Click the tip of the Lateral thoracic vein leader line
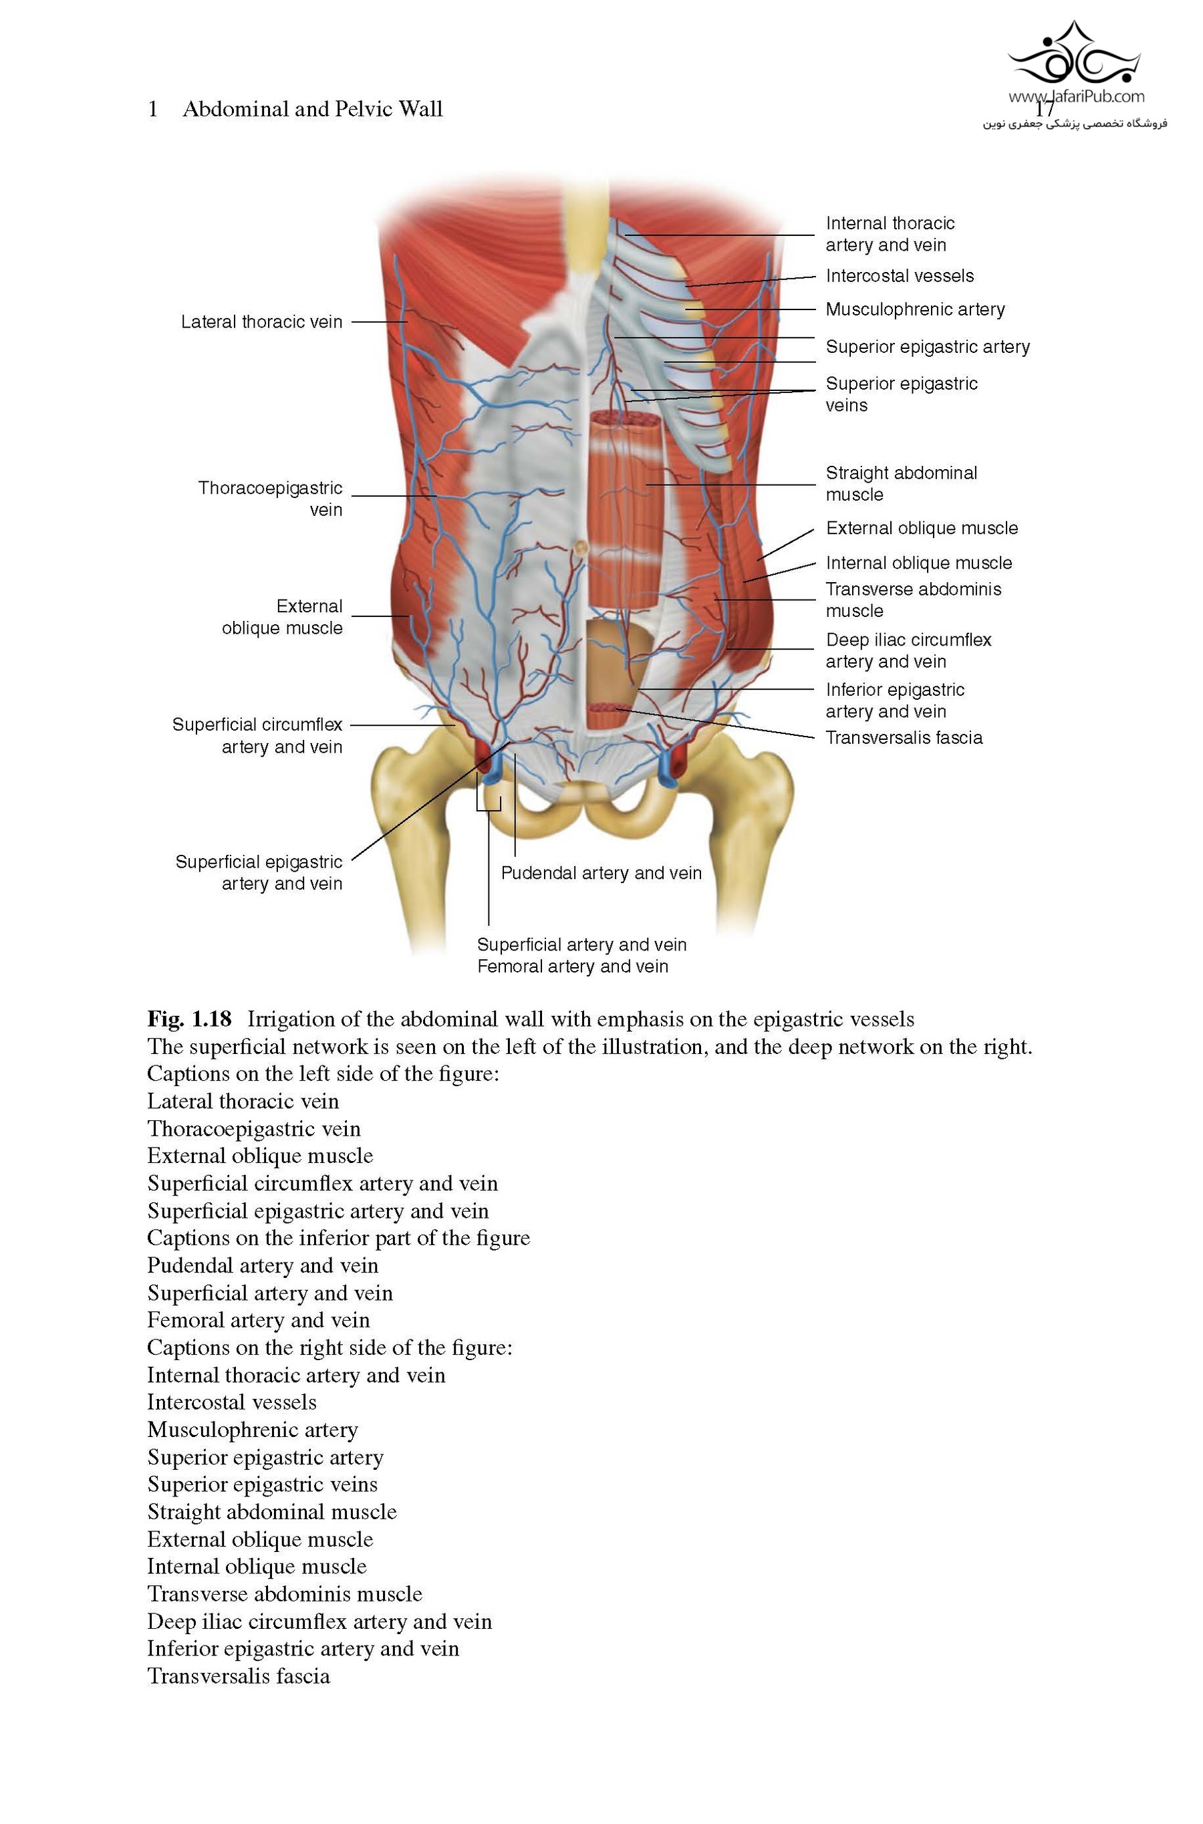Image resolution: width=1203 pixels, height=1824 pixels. pos(408,322)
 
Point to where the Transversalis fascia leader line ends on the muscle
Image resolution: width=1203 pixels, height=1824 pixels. pos(613,710)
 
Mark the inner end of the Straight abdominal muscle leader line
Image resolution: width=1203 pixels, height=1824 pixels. pos(646,485)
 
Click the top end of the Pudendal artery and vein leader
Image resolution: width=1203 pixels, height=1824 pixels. pos(515,753)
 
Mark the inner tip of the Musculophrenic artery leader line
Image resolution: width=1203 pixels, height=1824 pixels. pos(685,309)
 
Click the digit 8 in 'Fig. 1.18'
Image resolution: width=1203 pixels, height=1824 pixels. pos(224,1019)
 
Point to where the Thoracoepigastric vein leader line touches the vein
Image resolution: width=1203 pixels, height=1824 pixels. pos(437,496)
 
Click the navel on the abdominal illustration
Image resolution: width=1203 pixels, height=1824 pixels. pos(581,547)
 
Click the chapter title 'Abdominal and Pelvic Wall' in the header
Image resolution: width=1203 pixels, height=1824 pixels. pos(313,109)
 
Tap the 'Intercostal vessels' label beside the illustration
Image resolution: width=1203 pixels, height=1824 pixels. pos(899,276)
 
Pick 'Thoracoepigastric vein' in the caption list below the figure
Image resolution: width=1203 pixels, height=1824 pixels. pos(254,1129)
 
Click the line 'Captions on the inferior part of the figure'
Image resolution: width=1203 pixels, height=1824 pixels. pos(338,1238)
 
